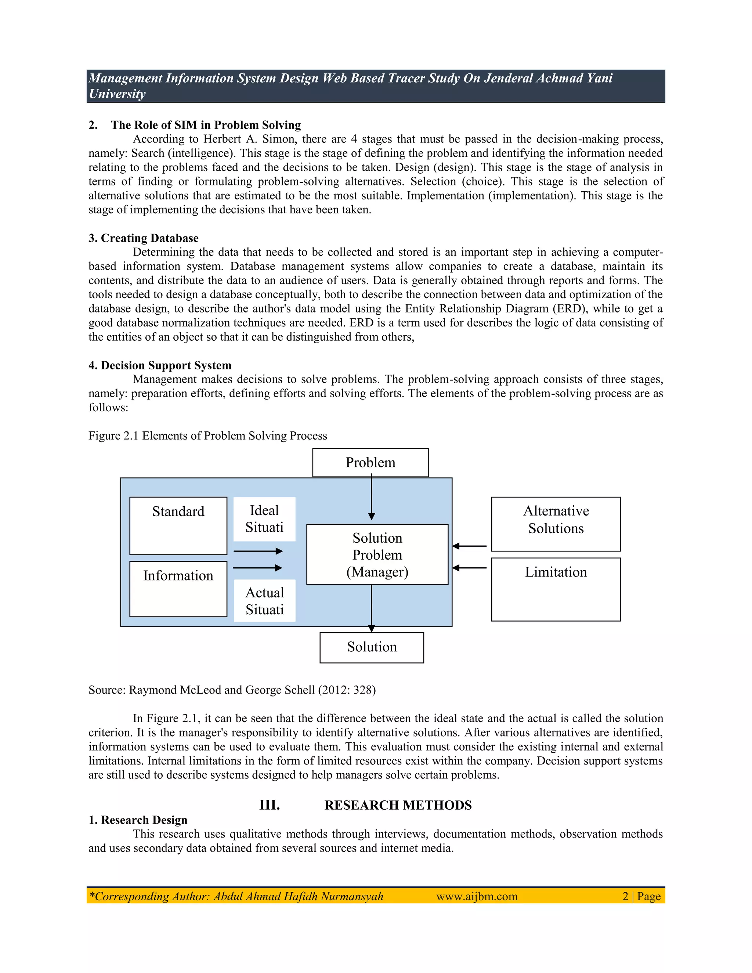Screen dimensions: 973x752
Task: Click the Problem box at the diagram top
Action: click(x=370, y=462)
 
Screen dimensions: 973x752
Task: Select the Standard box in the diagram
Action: click(x=178, y=525)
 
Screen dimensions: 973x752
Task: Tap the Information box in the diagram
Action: click(x=178, y=589)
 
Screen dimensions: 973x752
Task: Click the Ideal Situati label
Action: click(x=264, y=519)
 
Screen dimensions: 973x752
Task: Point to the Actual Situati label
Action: click(x=265, y=601)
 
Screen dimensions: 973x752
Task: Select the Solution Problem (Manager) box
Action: click(x=377, y=554)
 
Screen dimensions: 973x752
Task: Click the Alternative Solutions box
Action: click(x=556, y=524)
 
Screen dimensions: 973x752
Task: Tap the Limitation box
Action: click(x=556, y=589)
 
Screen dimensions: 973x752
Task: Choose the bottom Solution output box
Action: click(x=372, y=647)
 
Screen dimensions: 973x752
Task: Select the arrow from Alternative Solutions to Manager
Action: click(x=469, y=546)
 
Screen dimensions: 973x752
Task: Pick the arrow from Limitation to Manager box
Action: click(x=469, y=568)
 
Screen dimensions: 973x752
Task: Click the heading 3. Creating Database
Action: click(x=144, y=238)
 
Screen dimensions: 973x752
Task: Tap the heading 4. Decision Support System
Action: click(x=160, y=365)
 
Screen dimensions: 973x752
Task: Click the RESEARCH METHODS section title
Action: click(x=398, y=805)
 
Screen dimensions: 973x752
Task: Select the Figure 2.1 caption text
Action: click(x=207, y=436)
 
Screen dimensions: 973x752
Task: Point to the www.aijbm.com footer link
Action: click(x=477, y=896)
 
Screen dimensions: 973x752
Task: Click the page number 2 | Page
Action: click(x=641, y=896)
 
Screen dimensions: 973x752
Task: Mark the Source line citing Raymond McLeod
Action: click(x=232, y=690)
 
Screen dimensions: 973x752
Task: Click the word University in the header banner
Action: click(x=117, y=94)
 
